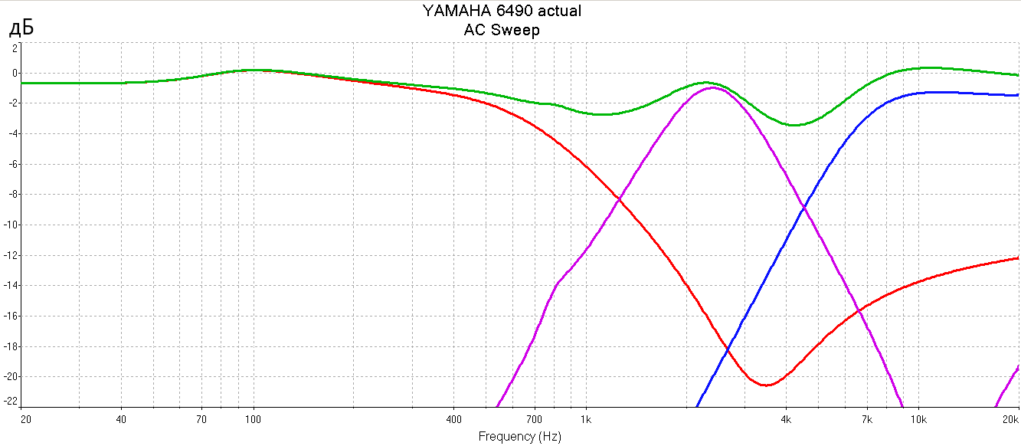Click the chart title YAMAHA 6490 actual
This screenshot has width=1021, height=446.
coord(502,11)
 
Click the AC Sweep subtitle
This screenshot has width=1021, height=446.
coord(502,31)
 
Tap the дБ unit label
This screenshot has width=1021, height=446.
coord(21,29)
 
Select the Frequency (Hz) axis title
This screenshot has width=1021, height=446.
coord(519,437)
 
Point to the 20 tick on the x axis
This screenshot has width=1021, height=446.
coord(26,420)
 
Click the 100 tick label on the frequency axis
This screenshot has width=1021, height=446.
coord(253,420)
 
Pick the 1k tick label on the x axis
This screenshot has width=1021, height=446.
coord(586,420)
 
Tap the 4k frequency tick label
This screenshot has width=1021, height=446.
coord(786,420)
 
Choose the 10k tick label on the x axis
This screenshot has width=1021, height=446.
coord(918,420)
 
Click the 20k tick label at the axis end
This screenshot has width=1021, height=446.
coord(1010,420)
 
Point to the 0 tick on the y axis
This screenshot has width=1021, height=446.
coord(14,74)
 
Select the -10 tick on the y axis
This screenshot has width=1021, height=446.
coord(11,225)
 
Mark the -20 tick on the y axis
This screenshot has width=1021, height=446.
coord(11,376)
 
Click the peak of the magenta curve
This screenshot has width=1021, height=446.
coord(712,87)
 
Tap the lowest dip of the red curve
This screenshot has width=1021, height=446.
coord(765,385)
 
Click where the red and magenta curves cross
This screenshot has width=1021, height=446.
coord(618,199)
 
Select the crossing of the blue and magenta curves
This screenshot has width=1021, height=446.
coord(803,207)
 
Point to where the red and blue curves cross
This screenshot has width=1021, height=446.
coord(727,349)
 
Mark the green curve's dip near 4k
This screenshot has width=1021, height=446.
coord(795,125)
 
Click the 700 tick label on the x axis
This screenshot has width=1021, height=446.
coord(534,420)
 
